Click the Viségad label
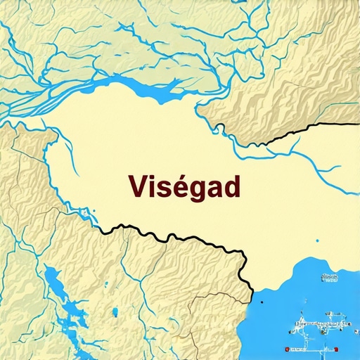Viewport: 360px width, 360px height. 184,186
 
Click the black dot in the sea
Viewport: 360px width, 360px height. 260,303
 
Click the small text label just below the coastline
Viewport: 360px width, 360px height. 329,278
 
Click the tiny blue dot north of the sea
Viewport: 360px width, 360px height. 317,241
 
